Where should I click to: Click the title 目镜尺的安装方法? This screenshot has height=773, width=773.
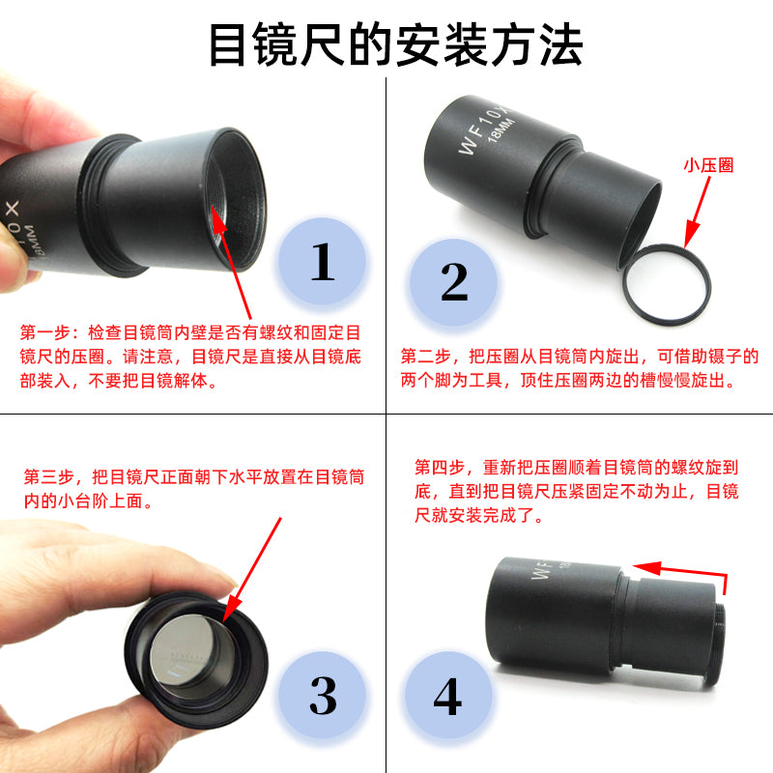coord(395,44)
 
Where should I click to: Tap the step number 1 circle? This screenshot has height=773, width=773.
coord(323,261)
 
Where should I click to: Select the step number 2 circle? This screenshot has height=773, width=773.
coord(453,282)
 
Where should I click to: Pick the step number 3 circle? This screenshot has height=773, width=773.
coord(323,695)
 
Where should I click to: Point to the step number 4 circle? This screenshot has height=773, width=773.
coord(448,695)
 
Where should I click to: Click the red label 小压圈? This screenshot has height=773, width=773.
coord(708,165)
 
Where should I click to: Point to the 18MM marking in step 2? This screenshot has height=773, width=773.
coord(501,130)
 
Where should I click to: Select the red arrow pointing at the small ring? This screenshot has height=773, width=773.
coord(698,211)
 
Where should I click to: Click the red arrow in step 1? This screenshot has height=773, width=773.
coord(231,262)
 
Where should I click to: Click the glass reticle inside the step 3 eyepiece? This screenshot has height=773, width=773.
coord(184,649)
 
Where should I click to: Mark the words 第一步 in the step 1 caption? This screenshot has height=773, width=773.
coord(45,332)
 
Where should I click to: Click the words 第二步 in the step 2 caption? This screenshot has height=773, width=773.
coord(426,356)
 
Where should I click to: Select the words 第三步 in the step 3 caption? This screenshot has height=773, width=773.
coord(49,476)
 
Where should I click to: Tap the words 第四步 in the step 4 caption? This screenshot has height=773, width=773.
coord(440,467)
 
